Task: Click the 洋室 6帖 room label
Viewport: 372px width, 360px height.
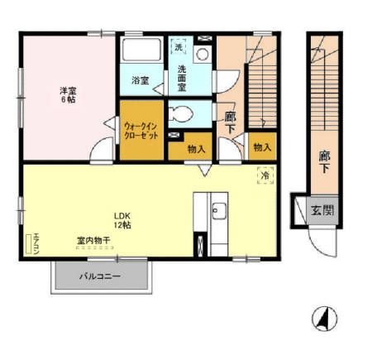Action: coord(68,94)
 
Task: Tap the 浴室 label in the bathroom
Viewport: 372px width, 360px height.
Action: coord(141,80)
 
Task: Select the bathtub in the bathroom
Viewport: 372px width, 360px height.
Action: coord(141,51)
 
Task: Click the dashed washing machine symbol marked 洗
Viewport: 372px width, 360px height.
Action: coord(179,48)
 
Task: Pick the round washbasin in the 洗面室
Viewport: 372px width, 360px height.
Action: coord(202,52)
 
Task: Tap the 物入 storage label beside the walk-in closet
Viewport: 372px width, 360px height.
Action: coord(196,149)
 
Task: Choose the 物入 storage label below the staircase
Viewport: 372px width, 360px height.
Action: coord(262,147)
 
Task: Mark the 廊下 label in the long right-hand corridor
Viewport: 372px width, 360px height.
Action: coord(323,160)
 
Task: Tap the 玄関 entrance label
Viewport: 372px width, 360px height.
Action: coord(322,210)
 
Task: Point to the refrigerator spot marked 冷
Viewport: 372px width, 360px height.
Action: coord(265,175)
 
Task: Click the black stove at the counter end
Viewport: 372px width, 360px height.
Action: coord(199,245)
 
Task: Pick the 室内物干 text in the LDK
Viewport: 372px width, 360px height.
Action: coord(93,241)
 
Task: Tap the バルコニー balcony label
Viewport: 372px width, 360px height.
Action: coord(102,276)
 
